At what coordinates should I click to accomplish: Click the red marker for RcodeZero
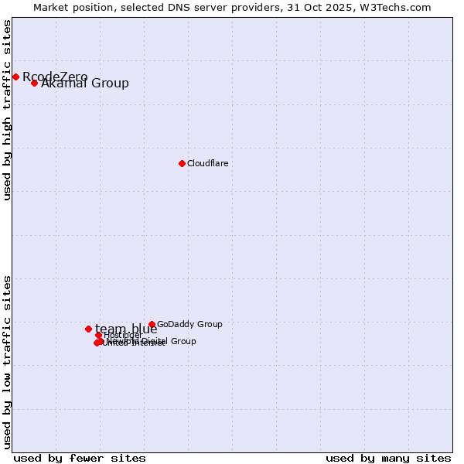point(15,77)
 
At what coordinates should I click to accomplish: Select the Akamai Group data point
point(34,83)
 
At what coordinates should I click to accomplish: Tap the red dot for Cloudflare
point(182,163)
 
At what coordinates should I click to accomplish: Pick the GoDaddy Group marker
point(152,324)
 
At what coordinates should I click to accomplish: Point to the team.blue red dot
point(88,329)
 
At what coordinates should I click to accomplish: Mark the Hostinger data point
point(98,335)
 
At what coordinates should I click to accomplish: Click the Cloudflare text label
point(207,163)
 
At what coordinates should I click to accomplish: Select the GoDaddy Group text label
point(189,324)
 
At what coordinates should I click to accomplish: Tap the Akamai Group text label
point(85,84)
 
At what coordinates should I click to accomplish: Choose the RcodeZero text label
point(55,77)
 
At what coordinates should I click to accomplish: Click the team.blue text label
point(126,329)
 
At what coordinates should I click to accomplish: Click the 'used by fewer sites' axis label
point(80,458)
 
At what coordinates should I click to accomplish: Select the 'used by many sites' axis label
point(388,458)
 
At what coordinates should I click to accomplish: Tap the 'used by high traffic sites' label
point(8,110)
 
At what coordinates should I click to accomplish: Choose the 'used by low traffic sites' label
point(8,361)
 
